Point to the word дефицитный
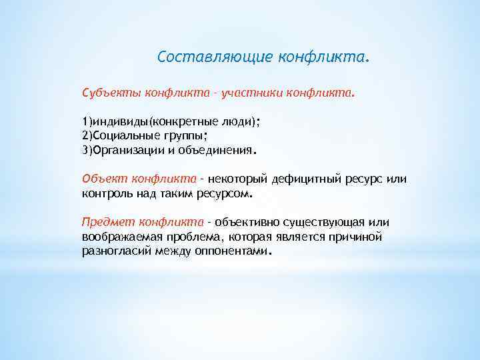292,179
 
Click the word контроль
105,194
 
